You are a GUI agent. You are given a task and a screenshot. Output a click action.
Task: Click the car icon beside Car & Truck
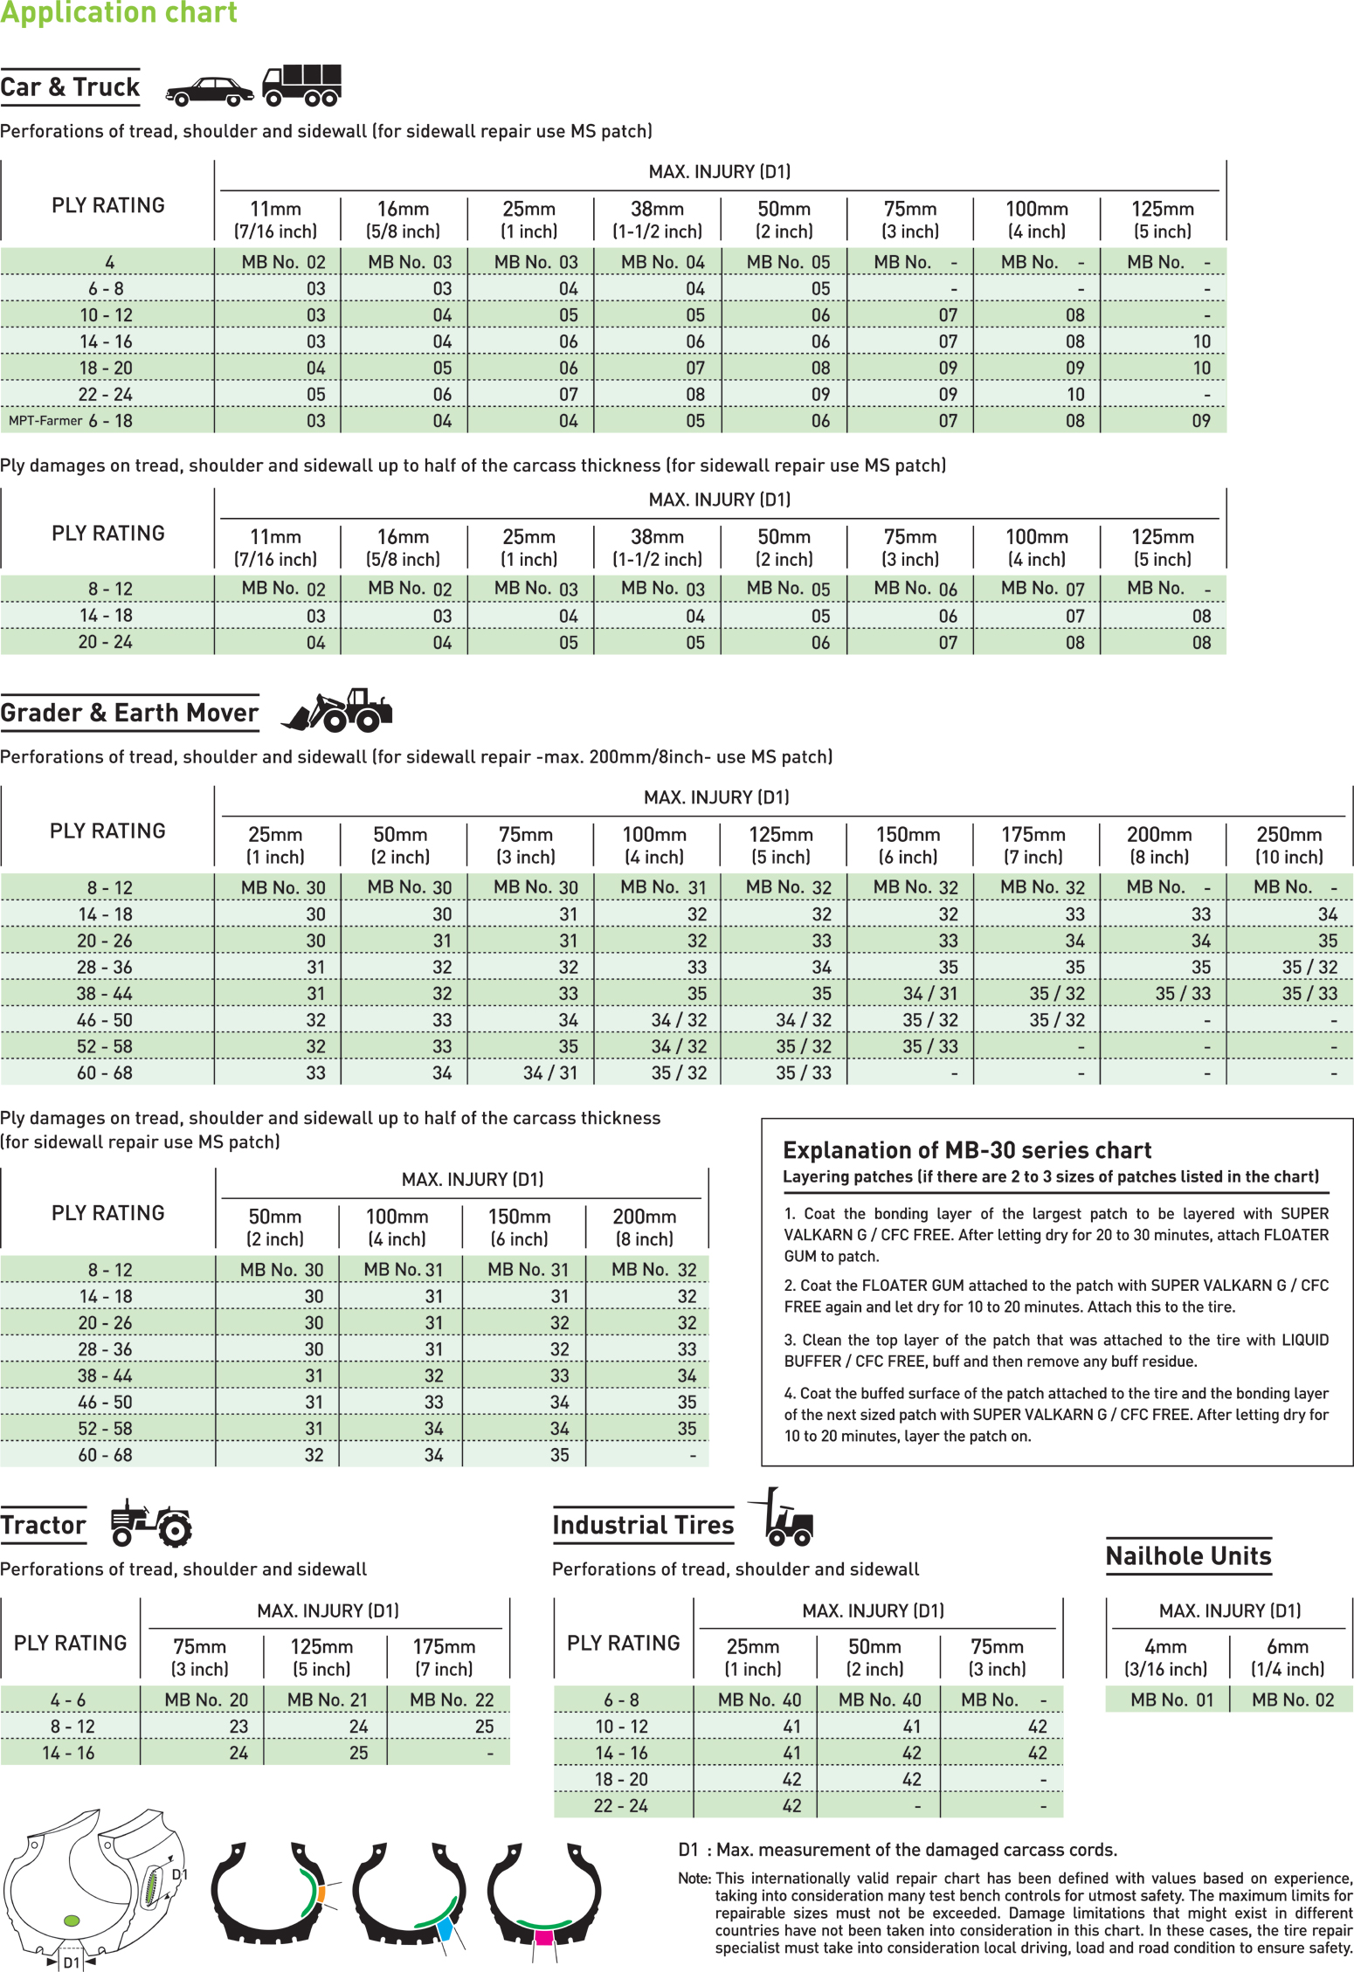pos(210,91)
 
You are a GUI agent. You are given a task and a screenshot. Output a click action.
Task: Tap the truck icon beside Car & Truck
pos(302,85)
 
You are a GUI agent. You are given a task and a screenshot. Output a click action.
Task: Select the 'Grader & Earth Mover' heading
pos(129,713)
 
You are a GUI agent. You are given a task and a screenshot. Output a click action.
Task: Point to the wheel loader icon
pos(337,710)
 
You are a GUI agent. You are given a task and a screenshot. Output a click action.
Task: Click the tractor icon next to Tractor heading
pos(151,1523)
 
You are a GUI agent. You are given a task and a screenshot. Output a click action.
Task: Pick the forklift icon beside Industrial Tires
pos(784,1518)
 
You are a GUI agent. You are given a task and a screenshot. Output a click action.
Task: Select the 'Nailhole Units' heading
pos(1188,1556)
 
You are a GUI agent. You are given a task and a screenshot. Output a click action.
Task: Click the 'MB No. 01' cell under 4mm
pos(1171,1700)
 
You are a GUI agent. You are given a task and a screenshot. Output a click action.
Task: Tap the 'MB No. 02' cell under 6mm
pos(1293,1700)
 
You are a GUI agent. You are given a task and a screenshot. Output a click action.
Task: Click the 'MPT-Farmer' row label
pos(45,421)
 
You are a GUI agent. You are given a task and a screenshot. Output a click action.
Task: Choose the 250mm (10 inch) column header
pos(1289,845)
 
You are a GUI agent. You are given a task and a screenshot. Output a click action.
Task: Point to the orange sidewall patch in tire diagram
pos(321,1894)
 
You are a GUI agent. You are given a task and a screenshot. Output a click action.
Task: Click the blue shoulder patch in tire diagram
pos(446,1927)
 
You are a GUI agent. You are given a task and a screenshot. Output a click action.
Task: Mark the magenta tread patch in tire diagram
pos(543,1938)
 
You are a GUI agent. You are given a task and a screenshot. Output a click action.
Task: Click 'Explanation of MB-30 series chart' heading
pos(967,1150)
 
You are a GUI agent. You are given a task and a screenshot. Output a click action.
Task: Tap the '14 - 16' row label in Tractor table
pos(69,1753)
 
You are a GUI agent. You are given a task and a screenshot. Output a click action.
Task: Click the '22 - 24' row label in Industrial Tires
pos(621,1805)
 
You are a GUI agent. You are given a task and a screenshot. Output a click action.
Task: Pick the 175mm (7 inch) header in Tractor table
pos(445,1658)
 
